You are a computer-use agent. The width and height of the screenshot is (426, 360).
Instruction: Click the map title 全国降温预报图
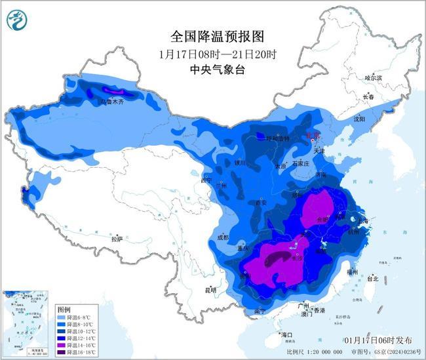point(207,35)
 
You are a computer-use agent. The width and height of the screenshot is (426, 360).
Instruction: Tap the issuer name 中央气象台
point(207,69)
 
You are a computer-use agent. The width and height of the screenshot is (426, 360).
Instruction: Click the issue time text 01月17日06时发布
point(379,340)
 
